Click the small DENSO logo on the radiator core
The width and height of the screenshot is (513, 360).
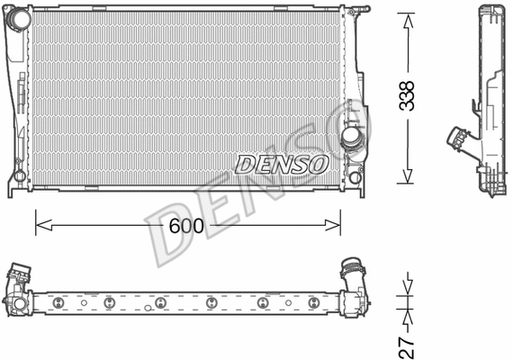tap(281, 164)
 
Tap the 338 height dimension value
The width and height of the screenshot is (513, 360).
tap(409, 94)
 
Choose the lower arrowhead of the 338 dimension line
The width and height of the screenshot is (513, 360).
tap(409, 182)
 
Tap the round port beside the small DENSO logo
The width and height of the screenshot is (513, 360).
tap(351, 137)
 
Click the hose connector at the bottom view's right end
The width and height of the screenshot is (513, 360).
tap(353, 270)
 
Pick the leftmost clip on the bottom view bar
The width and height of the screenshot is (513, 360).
tap(55, 300)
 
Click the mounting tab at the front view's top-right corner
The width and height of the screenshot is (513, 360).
tap(360, 10)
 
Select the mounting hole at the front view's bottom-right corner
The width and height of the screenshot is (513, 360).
tap(357, 176)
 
